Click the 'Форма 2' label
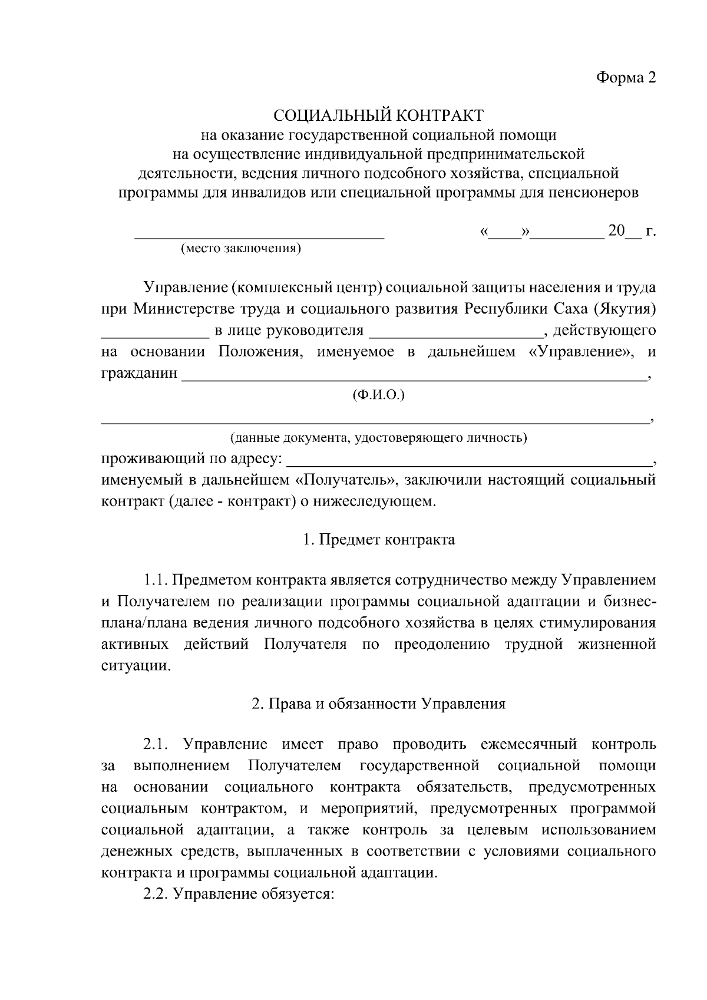[626, 78]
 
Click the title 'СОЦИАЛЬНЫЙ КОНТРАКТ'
[378, 114]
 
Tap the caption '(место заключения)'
[241, 248]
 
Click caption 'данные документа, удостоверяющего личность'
[378, 438]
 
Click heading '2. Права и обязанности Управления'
[378, 704]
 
